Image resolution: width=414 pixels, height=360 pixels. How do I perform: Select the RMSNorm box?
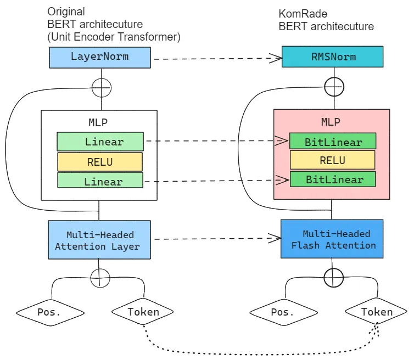[x=333, y=57]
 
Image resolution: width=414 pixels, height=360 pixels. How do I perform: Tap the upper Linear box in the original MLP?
[x=100, y=142]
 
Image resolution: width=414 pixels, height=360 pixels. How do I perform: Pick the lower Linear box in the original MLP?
[x=100, y=181]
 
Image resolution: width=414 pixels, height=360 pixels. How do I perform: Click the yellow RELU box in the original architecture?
[x=100, y=162]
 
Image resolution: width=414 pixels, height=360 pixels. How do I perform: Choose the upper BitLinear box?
[x=333, y=142]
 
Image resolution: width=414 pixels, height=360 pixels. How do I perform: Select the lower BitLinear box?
[x=333, y=179]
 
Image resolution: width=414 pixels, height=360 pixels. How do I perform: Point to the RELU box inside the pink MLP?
[x=333, y=160]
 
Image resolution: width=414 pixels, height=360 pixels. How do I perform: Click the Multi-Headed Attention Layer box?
[x=99, y=240]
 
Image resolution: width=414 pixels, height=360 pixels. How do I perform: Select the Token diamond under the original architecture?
[x=143, y=312]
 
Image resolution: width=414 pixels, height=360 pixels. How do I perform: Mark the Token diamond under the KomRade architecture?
[x=377, y=312]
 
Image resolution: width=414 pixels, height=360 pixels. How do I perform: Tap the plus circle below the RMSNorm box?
[x=334, y=86]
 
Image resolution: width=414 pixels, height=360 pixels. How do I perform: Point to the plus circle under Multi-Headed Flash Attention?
[x=333, y=278]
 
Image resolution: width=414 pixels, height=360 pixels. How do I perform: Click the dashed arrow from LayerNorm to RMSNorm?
[x=216, y=58]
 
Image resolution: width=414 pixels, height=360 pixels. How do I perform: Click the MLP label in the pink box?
[x=331, y=122]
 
